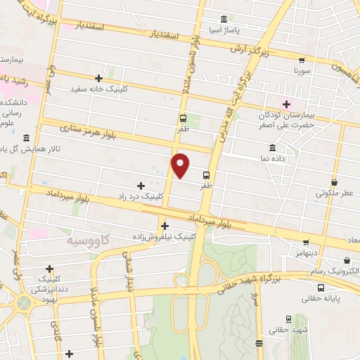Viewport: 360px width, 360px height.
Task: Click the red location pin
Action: pos(181,166)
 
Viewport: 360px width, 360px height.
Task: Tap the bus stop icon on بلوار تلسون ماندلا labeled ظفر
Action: pos(183,119)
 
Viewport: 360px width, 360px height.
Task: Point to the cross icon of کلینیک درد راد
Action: pos(141,186)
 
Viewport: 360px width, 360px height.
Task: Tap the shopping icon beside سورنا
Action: pos(302,61)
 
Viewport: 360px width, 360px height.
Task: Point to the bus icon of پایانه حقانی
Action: pos(321,288)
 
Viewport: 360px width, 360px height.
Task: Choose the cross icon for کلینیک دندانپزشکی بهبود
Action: pos(49,269)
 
